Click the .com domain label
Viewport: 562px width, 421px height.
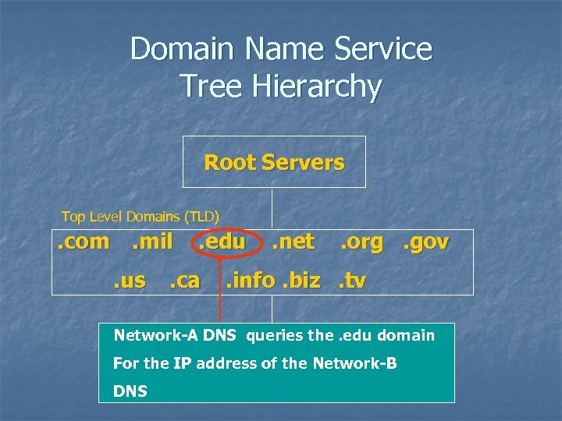point(84,242)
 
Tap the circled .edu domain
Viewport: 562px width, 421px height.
point(221,242)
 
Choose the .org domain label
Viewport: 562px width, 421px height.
point(361,242)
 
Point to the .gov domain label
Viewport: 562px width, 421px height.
point(425,242)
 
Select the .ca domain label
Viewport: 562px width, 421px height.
point(184,280)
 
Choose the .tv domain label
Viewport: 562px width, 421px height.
point(352,280)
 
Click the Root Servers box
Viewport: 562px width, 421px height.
point(273,162)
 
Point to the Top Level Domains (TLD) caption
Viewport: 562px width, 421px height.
point(140,216)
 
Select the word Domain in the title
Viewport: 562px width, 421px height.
point(182,48)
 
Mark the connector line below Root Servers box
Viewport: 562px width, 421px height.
point(272,207)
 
